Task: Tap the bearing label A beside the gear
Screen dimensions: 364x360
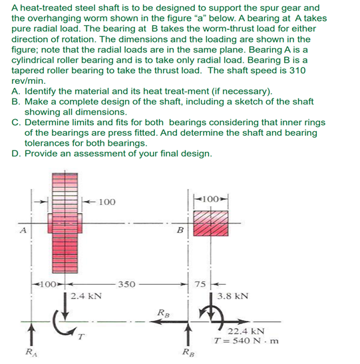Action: pyautogui.click(x=23, y=231)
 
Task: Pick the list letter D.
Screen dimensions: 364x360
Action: pyautogui.click(x=15, y=154)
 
